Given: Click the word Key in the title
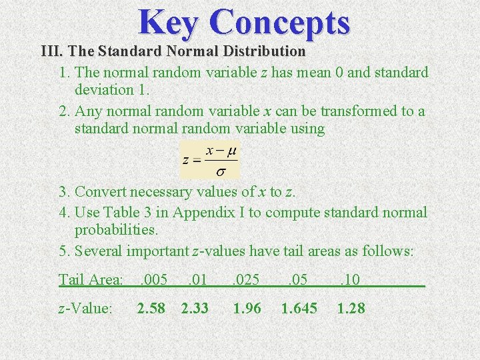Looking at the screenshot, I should (169, 22).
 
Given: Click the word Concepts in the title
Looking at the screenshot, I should (279, 22).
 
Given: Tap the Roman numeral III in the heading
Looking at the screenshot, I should (51, 51).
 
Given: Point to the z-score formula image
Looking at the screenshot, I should (210, 160).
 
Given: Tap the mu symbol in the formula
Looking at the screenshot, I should (231, 151).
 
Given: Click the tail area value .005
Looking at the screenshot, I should (154, 279).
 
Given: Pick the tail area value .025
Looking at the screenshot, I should (247, 279).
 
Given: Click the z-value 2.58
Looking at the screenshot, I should (151, 309).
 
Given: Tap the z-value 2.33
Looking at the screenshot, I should (195, 309).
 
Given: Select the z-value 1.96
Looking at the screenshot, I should (247, 309).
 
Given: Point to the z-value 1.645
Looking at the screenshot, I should (299, 309).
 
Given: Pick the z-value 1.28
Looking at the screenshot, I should (351, 309).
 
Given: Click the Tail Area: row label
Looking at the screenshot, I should (91, 279).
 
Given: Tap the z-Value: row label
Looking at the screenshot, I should (85, 309).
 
